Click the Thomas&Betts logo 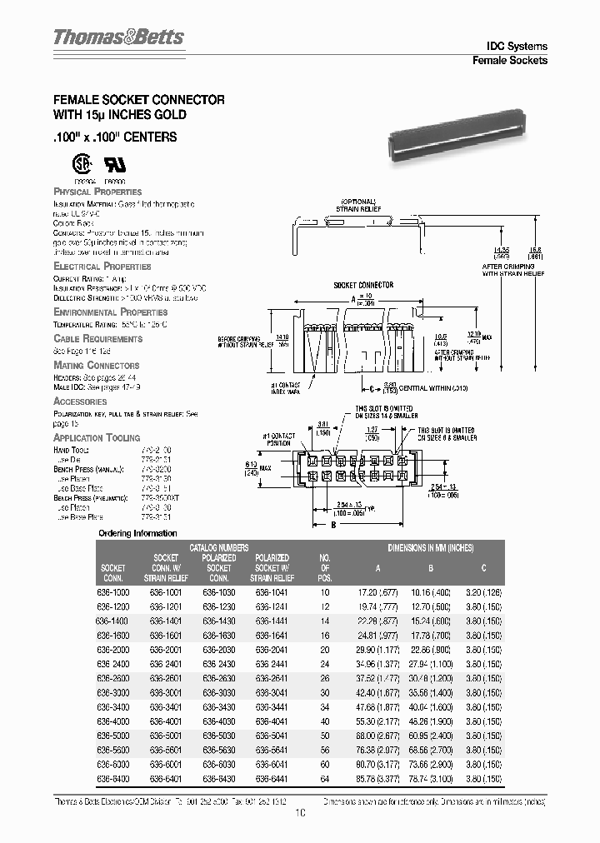click(118, 37)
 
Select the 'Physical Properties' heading click(97, 192)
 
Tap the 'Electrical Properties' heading click(102, 267)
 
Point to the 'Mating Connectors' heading click(97, 366)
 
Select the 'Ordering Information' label click(137, 533)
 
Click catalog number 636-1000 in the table click(113, 591)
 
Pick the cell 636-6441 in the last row click(272, 777)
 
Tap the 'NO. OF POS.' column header click(325, 567)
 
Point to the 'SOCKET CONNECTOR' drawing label click(363, 285)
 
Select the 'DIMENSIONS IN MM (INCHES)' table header click(430, 547)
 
